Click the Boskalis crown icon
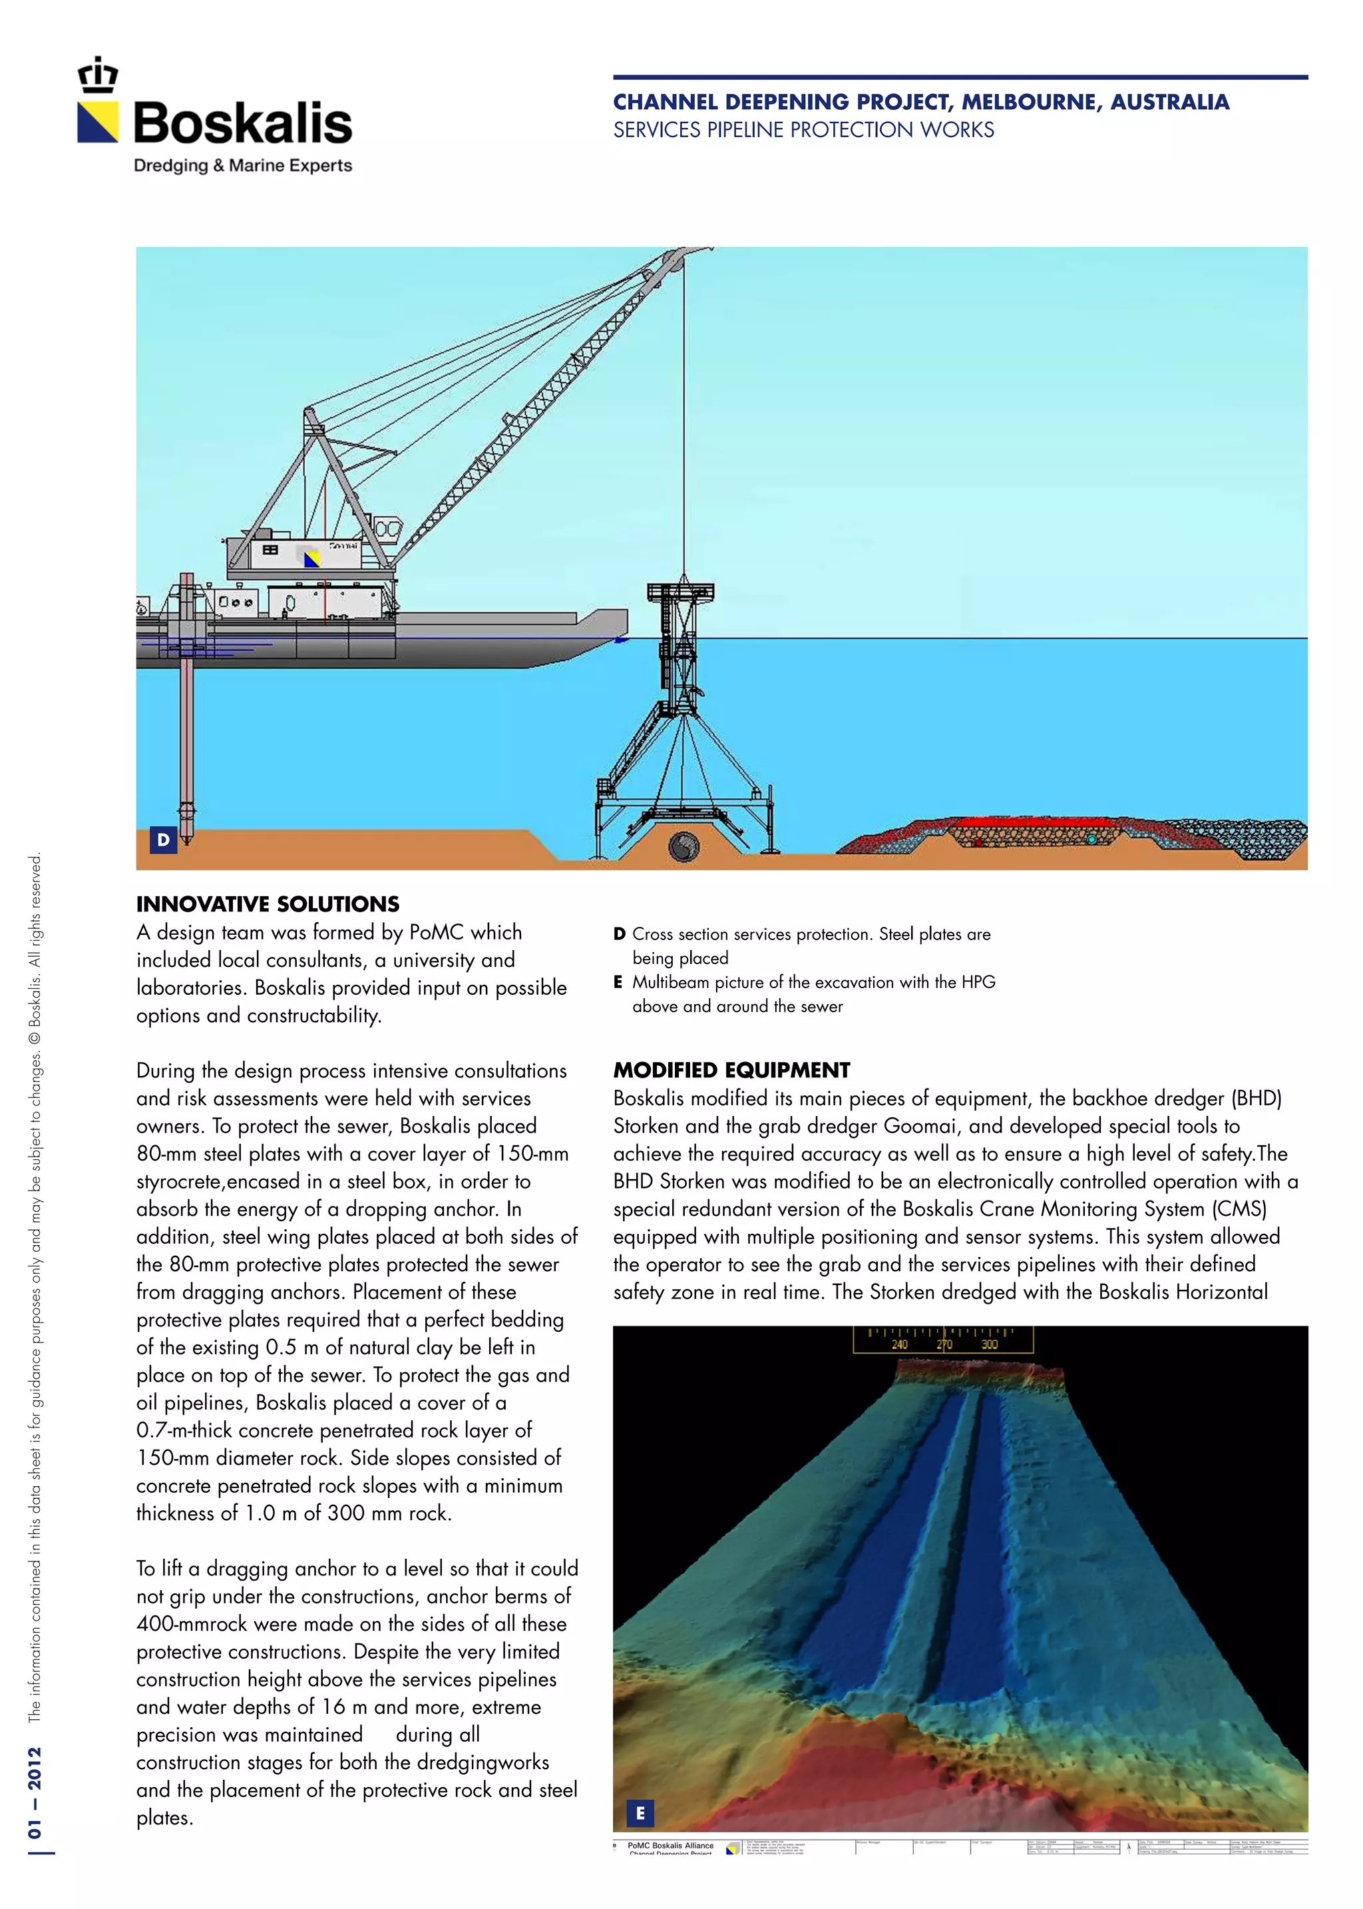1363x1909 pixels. (x=98, y=75)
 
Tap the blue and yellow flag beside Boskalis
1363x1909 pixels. (x=98, y=123)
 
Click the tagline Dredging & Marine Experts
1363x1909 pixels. (x=242, y=165)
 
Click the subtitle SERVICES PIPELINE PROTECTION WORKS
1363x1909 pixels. (x=803, y=130)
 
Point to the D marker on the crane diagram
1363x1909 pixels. (x=163, y=839)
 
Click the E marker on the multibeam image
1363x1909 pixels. (x=640, y=1812)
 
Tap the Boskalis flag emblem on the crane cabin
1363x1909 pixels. (x=311, y=558)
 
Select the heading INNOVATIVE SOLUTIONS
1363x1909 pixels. (x=268, y=904)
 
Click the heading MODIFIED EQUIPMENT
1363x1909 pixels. (x=731, y=1070)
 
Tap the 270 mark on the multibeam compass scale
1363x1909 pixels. (x=944, y=1344)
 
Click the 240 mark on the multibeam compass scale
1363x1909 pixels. (x=899, y=1344)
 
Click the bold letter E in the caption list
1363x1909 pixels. (x=618, y=982)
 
